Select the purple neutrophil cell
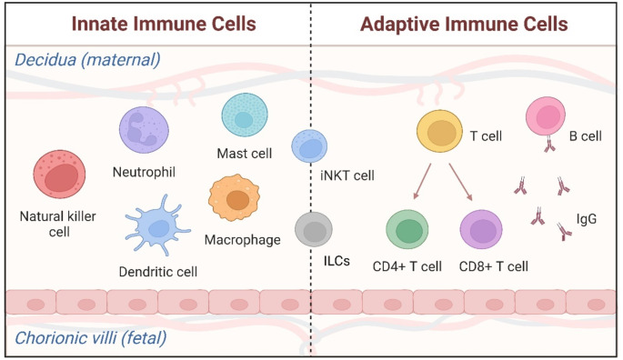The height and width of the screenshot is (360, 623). click(x=146, y=129)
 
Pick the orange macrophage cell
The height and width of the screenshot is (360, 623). click(x=236, y=200)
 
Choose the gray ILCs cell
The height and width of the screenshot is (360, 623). click(x=314, y=229)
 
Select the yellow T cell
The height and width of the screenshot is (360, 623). click(x=442, y=134)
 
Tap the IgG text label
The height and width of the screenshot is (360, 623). click(x=587, y=218)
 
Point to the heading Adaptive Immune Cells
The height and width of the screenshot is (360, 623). click(x=465, y=22)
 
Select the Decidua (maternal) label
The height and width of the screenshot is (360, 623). click(x=86, y=60)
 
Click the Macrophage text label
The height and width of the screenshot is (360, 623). click(x=242, y=240)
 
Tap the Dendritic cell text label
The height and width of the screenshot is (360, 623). click(x=158, y=271)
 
